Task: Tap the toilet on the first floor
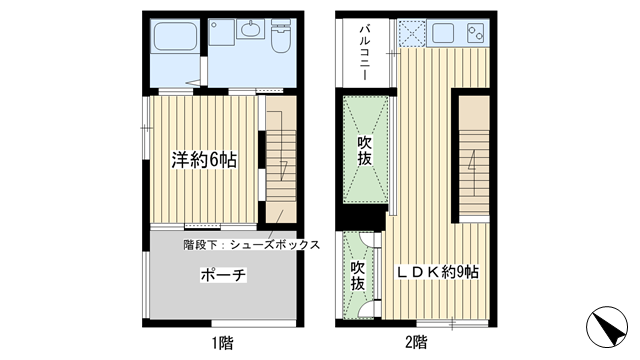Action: tap(281, 40)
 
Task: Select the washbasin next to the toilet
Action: tap(250, 32)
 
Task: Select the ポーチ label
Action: tap(223, 274)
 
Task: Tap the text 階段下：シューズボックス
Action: tap(251, 244)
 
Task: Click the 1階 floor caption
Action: tap(222, 342)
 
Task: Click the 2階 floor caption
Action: tap(418, 342)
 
